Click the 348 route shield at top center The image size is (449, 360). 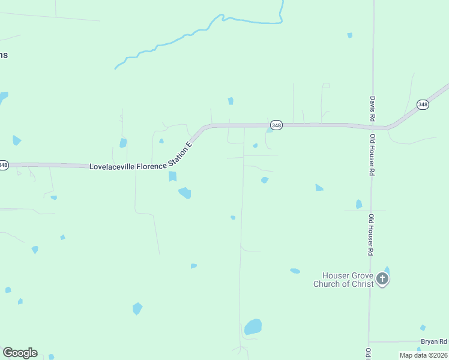tap(276, 125)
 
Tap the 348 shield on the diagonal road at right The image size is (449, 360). tap(423, 104)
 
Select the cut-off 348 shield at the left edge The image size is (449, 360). tap(3, 165)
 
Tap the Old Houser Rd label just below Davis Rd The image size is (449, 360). tap(373, 155)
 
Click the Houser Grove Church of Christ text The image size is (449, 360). tap(343, 280)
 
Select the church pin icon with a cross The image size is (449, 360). tap(383, 278)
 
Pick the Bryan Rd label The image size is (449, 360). tap(434, 341)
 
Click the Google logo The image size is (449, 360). tap(20, 353)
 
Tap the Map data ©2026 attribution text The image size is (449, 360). tap(423, 355)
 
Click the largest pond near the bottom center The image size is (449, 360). tap(253, 327)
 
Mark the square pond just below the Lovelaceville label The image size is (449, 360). tap(173, 176)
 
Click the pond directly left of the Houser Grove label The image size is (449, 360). tap(295, 271)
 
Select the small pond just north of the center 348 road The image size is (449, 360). tap(231, 101)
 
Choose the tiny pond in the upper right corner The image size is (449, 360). tap(350, 35)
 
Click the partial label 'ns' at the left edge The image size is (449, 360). tap(4, 55)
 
